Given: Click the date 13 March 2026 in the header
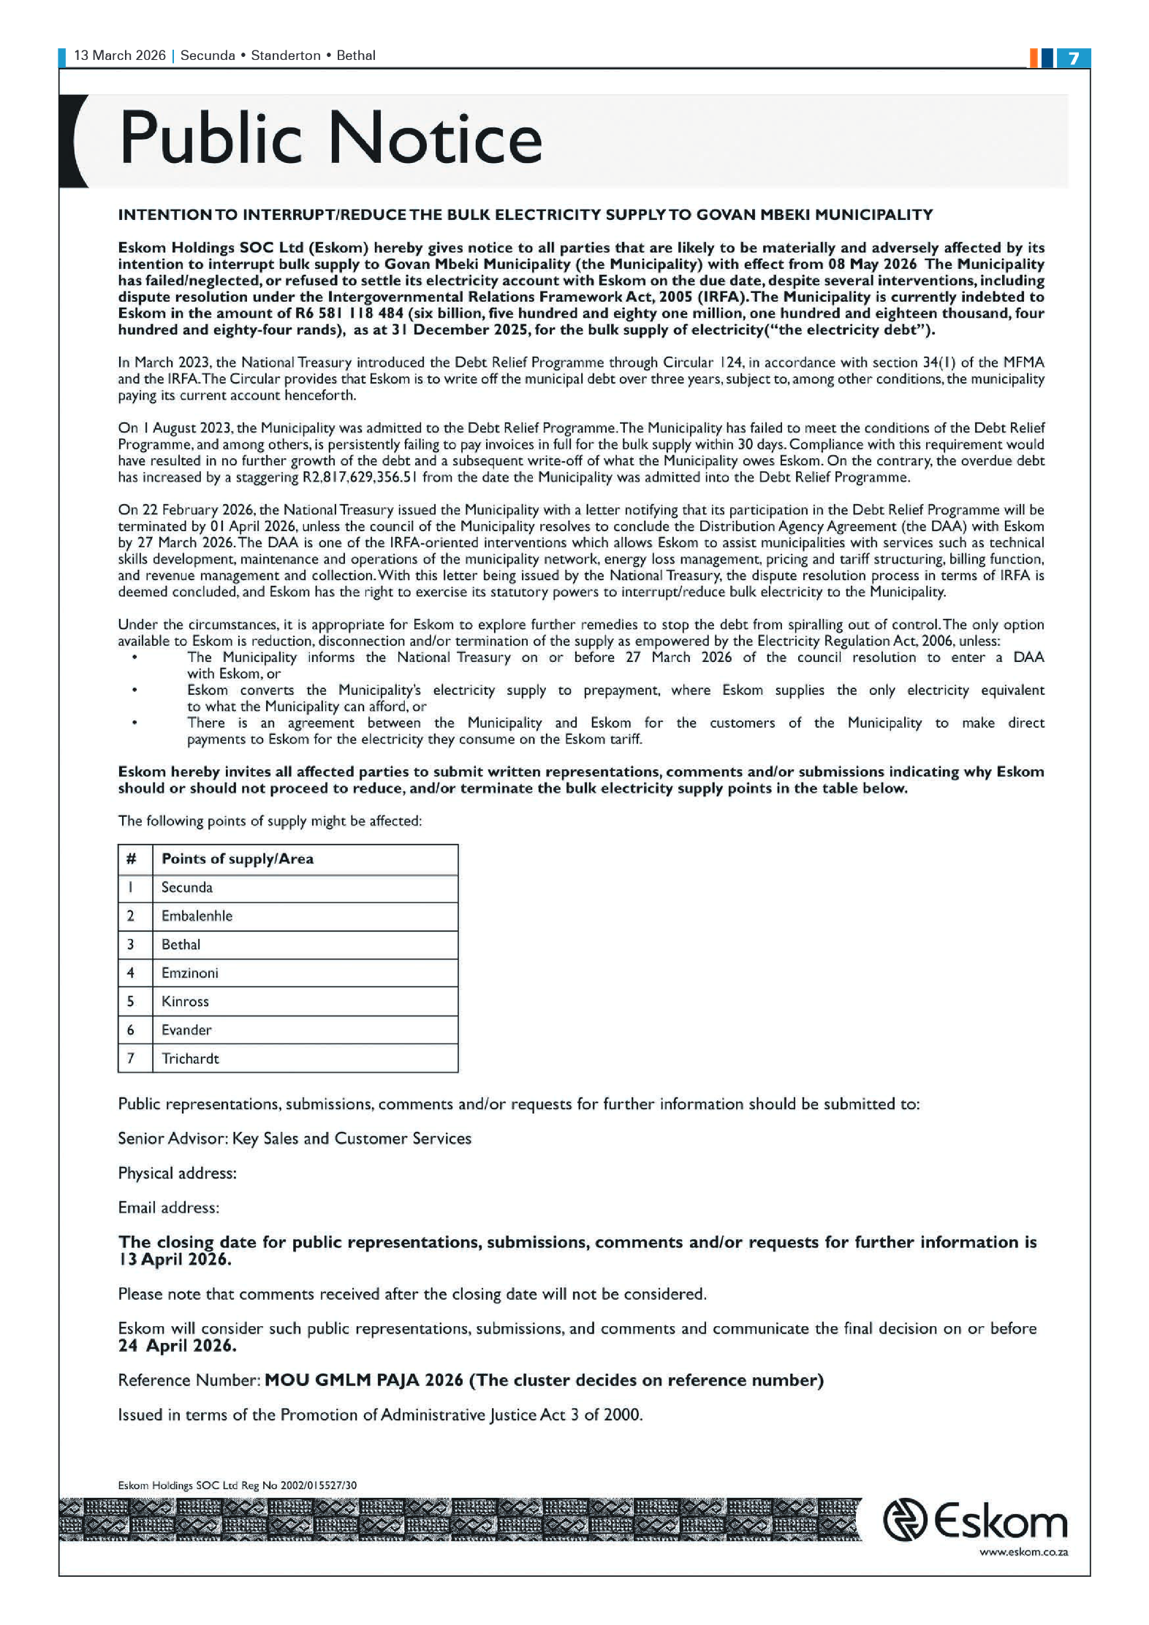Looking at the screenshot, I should tap(120, 56).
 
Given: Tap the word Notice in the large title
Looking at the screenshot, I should tap(436, 139).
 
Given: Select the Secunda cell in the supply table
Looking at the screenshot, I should tap(187, 888).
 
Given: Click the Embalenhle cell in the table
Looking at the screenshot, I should tap(197, 916).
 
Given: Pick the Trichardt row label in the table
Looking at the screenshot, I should tap(190, 1059).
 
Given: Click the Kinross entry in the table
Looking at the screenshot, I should tap(185, 1002).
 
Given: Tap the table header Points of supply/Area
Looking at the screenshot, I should tap(237, 859).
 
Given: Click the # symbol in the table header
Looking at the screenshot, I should tap(131, 859).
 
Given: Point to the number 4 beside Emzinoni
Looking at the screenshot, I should tap(131, 973).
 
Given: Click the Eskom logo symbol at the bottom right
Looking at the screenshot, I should tap(904, 1521).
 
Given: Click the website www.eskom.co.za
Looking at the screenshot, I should tap(1023, 1553).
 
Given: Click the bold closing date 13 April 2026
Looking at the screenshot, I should tap(175, 1260).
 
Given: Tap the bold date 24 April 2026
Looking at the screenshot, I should tap(177, 1346).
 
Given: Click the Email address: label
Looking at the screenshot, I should tap(168, 1208).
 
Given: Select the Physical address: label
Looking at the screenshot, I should tap(177, 1173).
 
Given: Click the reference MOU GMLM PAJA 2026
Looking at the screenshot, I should tap(363, 1380).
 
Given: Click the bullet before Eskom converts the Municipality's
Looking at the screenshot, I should tap(134, 690).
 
